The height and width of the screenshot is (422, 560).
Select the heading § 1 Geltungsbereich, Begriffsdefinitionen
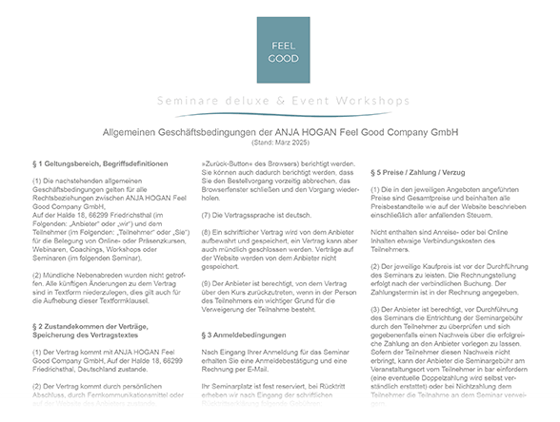(x=100, y=163)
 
